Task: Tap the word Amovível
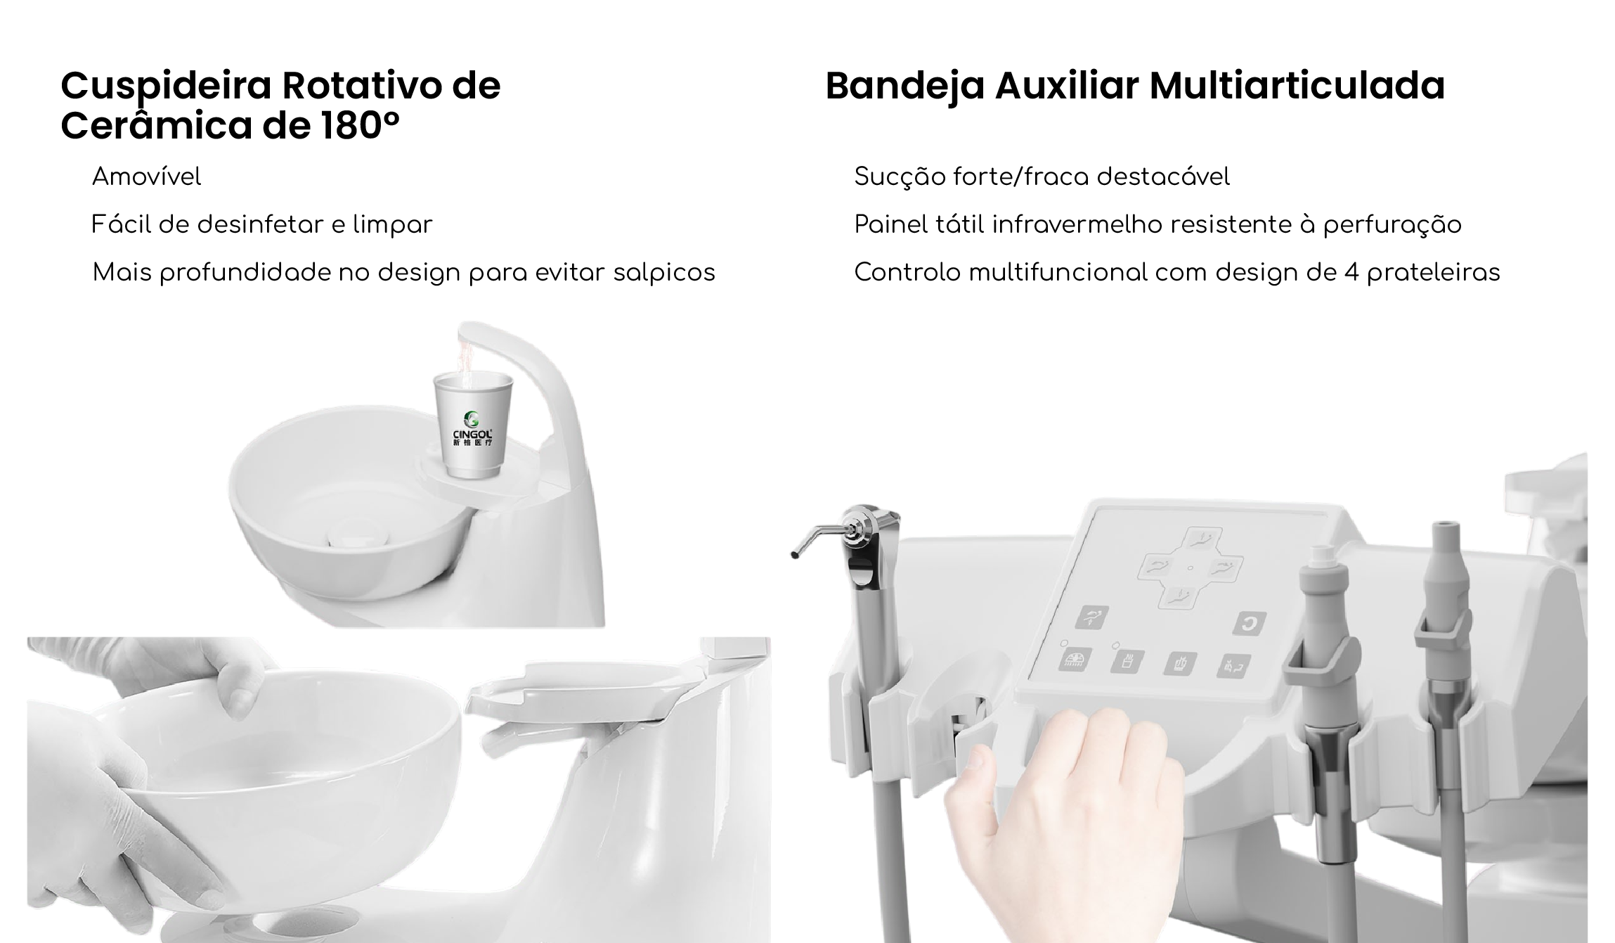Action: point(146,177)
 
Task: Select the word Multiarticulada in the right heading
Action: point(1297,85)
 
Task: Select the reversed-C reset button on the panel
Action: point(1250,623)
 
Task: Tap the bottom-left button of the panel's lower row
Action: point(1075,659)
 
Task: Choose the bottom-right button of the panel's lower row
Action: point(1233,665)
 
